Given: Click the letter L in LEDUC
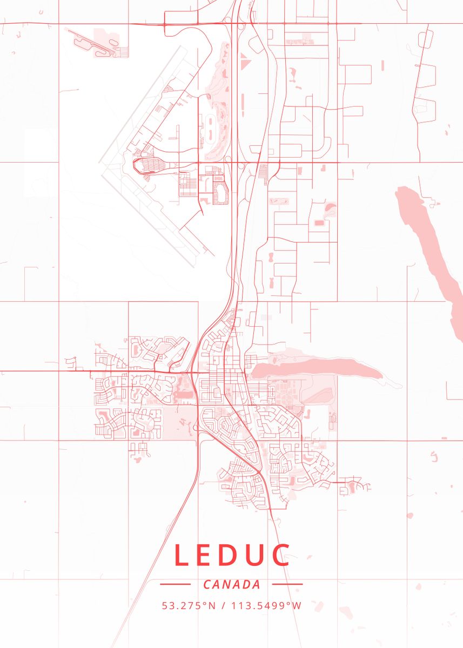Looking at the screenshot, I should pyautogui.click(x=182, y=556).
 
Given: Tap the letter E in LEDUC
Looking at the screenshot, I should pyautogui.click(x=206, y=556).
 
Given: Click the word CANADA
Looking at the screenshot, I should pyautogui.click(x=232, y=584).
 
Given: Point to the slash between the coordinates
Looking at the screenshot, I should pyautogui.click(x=223, y=605).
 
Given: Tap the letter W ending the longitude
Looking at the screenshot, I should pyautogui.click(x=297, y=605).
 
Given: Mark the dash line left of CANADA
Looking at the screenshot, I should pyautogui.click(x=175, y=584).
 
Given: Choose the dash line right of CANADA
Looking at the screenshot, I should pyautogui.click(x=287, y=584).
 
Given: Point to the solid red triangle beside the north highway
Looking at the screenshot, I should pyautogui.click(x=246, y=65).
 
